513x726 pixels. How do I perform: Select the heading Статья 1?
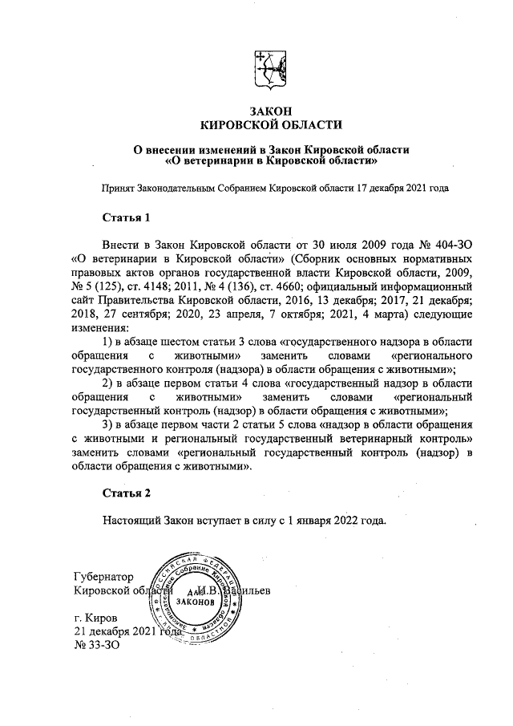[127, 217]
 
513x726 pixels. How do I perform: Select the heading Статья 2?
[127, 492]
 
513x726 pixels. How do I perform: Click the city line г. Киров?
[95, 619]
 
